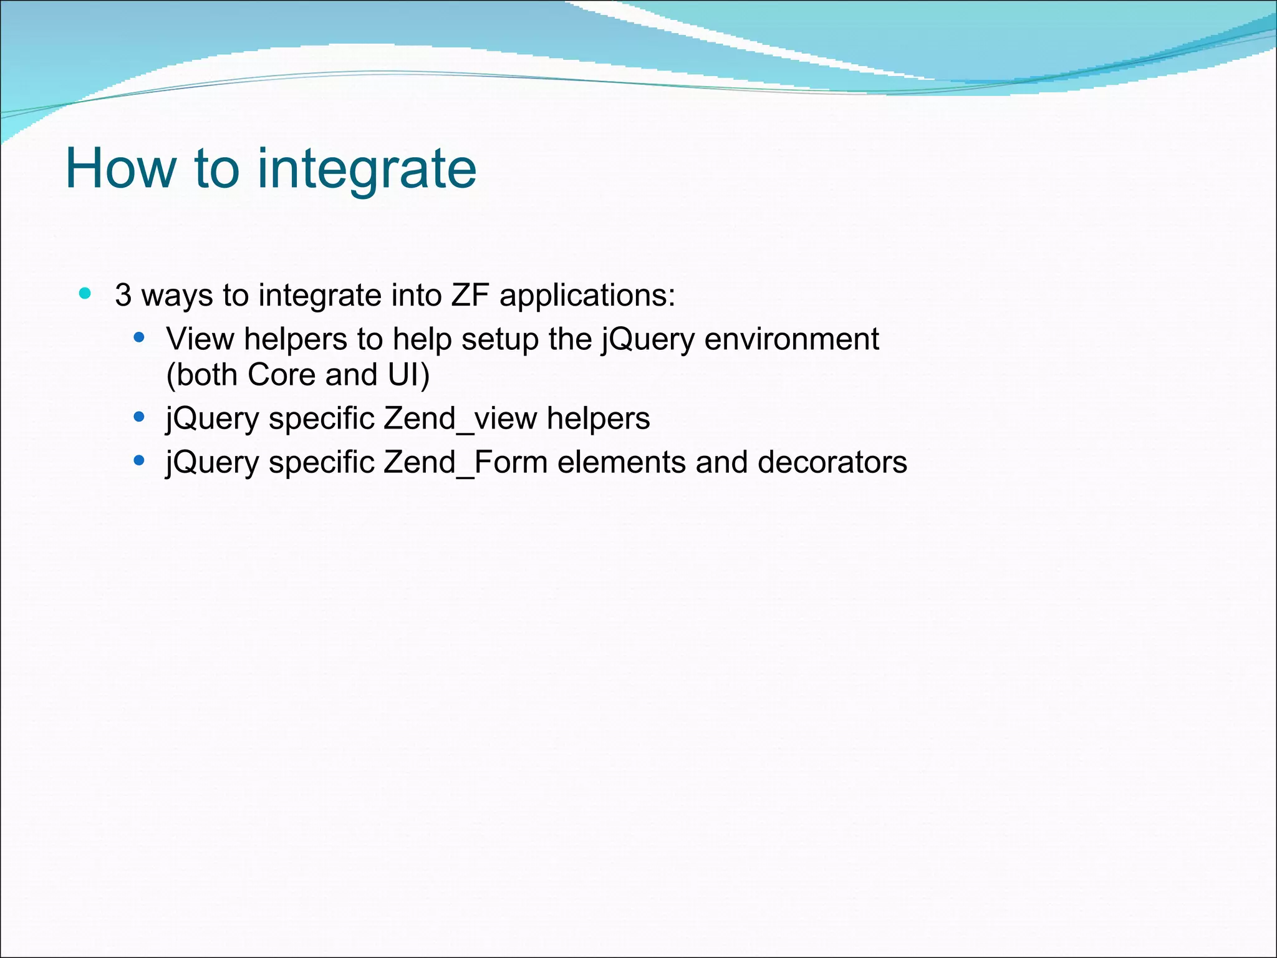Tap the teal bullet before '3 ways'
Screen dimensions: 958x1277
(x=85, y=293)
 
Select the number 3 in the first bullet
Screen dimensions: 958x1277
(x=123, y=295)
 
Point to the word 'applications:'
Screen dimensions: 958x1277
(x=587, y=296)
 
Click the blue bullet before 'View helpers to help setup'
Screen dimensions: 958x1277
(x=139, y=338)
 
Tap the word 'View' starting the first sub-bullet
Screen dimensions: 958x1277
(x=200, y=339)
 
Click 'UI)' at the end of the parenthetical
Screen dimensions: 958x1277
(x=408, y=375)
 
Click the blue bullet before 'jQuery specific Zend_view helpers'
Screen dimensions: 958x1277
(x=139, y=417)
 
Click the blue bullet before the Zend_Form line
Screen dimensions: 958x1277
(x=139, y=461)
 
